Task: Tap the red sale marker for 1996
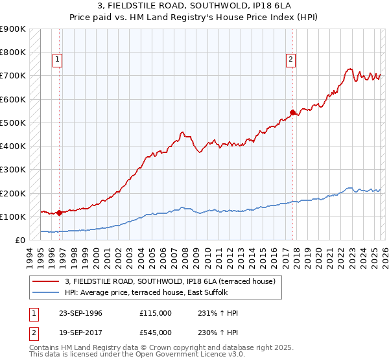pos(59,212)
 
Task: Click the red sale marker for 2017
pos(292,112)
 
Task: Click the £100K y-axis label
pos(13,217)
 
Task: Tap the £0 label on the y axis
pos(19,240)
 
